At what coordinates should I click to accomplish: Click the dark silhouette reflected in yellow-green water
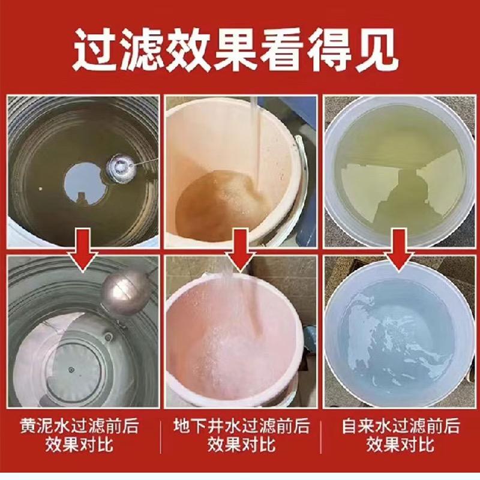tap(400, 196)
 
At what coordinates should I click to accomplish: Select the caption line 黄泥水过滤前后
tap(79, 426)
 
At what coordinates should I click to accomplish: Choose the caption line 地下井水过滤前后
tap(241, 426)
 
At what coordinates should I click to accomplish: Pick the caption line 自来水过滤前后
tap(401, 426)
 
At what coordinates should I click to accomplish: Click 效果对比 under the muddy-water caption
tap(79, 445)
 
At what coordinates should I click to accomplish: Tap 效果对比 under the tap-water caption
tap(401, 445)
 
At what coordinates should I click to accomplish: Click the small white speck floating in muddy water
tap(41, 189)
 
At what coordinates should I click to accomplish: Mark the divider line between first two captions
tap(160, 437)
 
